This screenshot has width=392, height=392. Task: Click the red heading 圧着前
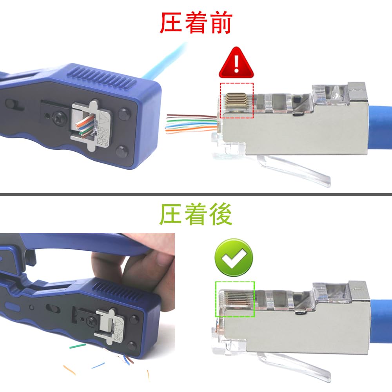coord(196,23)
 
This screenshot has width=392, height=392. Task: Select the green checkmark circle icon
coord(234,258)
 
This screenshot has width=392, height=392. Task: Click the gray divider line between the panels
coord(196,194)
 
